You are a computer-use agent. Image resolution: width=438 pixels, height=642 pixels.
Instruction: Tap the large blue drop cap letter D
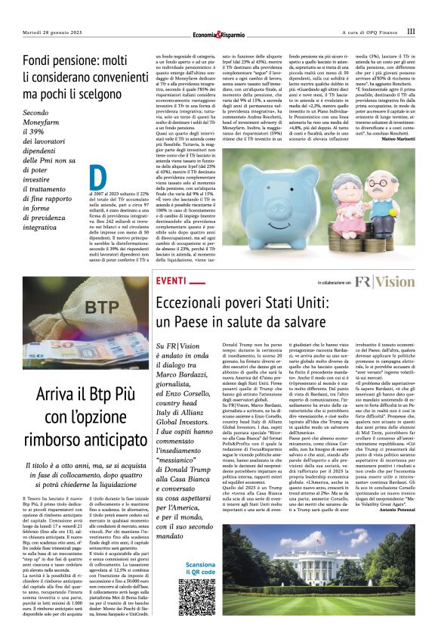tap(94, 178)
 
